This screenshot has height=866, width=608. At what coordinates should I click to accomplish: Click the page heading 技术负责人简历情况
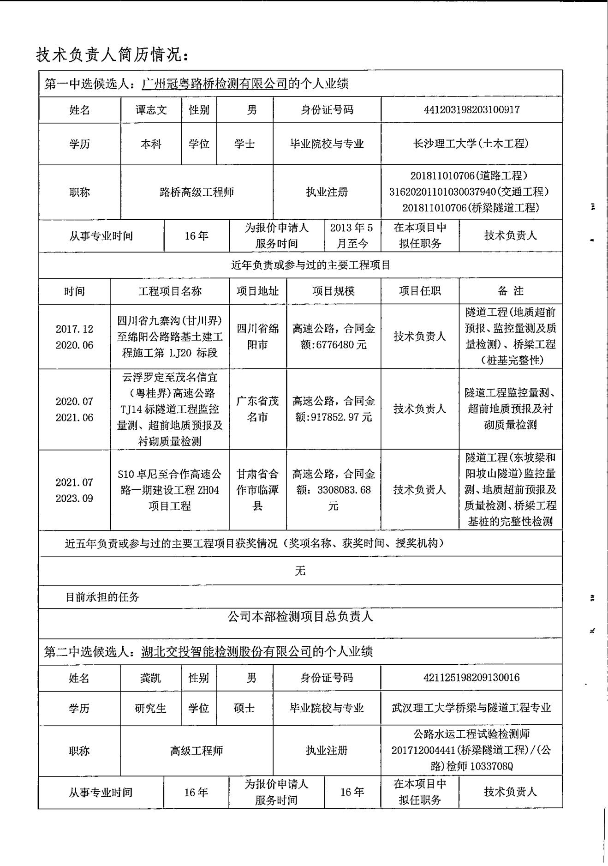112,55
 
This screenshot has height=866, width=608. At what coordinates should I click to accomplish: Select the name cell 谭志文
151,110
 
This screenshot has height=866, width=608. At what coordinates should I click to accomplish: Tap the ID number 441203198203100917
471,110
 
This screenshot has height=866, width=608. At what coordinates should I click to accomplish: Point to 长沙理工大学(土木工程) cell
471,144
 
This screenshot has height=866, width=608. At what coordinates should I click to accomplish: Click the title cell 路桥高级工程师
197,192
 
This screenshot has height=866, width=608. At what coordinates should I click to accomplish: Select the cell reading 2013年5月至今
352,235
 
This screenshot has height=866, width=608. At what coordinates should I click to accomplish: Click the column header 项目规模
333,291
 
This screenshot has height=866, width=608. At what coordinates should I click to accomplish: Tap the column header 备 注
510,291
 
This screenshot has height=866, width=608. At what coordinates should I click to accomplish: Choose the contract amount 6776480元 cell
334,337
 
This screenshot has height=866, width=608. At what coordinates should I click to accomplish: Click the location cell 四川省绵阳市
257,337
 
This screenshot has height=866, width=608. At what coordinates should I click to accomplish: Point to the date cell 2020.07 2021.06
74,409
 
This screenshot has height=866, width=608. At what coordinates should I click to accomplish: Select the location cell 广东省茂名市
257,409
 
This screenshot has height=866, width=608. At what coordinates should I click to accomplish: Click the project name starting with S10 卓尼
170,490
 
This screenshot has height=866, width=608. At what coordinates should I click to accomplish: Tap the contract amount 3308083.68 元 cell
334,490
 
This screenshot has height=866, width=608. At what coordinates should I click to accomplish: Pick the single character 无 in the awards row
300,571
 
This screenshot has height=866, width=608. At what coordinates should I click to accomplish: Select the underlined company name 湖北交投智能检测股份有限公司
227,651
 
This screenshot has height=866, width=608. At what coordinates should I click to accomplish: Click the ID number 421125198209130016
471,678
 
